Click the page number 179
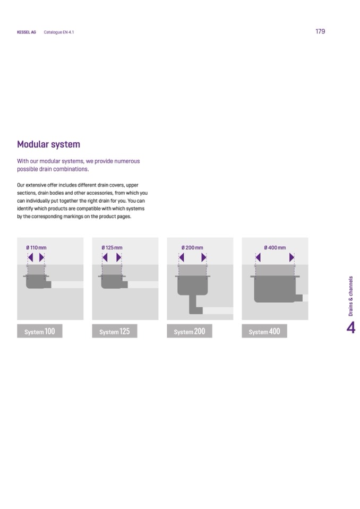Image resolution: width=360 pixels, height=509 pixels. (320, 31)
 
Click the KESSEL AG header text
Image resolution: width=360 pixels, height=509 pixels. (27, 32)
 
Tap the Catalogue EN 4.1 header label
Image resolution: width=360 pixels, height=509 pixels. (59, 32)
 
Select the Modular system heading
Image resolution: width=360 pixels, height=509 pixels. (48, 144)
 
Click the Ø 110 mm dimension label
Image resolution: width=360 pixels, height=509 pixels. (36, 248)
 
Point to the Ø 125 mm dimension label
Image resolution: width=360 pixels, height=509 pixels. (112, 248)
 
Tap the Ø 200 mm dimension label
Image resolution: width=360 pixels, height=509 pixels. (192, 248)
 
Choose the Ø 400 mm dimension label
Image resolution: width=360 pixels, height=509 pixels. (275, 248)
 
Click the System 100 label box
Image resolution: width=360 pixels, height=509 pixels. (40, 331)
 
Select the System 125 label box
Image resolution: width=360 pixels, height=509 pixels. (115, 331)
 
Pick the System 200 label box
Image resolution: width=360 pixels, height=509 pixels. (190, 331)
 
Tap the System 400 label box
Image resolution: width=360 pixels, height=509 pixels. (264, 331)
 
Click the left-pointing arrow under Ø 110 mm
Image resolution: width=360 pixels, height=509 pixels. (30, 257)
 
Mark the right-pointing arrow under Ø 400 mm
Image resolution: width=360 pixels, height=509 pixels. (292, 257)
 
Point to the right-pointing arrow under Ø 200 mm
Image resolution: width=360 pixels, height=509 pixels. (203, 257)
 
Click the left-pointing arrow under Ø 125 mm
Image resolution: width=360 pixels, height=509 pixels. (105, 257)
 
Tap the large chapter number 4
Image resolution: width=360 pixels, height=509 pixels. (351, 328)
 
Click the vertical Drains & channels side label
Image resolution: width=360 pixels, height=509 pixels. (350, 296)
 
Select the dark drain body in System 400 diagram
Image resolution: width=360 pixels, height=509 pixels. (275, 289)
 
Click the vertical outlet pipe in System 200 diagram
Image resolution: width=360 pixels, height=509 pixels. (194, 304)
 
